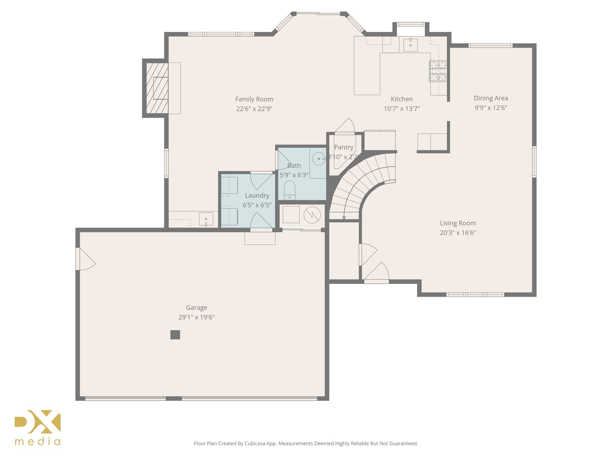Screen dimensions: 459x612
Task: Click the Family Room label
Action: tap(254, 99)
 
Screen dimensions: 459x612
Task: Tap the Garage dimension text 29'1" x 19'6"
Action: tap(196, 317)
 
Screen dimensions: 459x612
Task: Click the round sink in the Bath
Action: tap(318, 159)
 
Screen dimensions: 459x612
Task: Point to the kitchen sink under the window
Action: tap(411, 45)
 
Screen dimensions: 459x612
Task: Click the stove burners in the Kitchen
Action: tap(438, 71)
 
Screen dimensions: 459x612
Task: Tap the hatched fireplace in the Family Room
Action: tap(157, 88)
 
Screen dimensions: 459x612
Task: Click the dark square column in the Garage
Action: tap(175, 335)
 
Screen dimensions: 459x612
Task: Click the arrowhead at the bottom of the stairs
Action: tap(344, 218)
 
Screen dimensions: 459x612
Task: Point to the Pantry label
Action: tap(344, 147)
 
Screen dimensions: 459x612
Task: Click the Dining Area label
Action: tap(491, 98)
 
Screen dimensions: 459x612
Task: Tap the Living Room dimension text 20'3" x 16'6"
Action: tap(458, 233)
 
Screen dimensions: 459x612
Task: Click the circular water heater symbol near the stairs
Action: tap(312, 215)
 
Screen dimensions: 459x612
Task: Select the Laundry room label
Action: tap(257, 195)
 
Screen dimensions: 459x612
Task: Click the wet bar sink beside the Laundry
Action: tap(206, 219)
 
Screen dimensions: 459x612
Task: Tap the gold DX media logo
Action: tap(38, 427)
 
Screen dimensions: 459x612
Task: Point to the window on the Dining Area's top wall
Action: tap(490, 46)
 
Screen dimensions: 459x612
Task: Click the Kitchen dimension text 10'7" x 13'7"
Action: tap(402, 109)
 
